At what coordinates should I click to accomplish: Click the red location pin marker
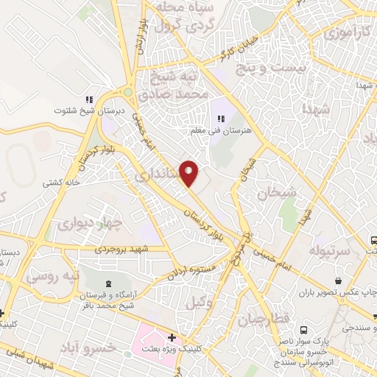(x=190, y=172)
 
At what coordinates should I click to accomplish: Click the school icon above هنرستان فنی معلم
(x=220, y=119)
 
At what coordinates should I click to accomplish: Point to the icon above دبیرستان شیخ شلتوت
(x=89, y=99)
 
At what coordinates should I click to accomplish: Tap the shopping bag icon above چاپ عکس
(x=338, y=281)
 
